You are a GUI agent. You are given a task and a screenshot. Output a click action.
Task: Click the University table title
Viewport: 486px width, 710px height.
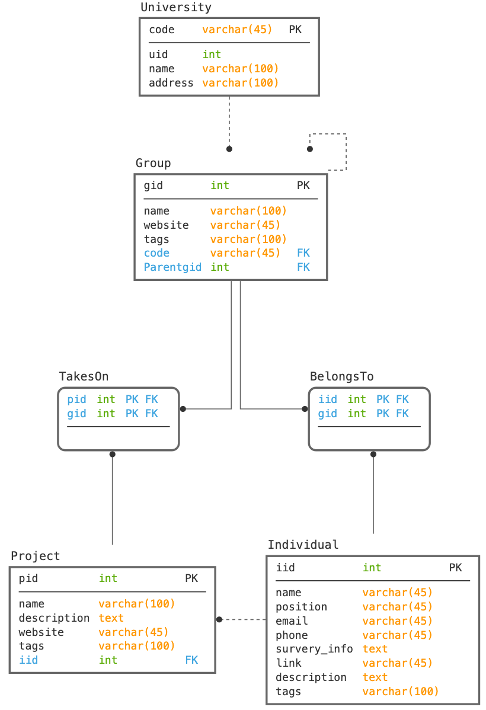176,8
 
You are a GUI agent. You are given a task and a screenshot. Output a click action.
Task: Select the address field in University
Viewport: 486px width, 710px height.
171,83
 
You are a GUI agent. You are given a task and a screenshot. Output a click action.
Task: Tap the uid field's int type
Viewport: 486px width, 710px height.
212,55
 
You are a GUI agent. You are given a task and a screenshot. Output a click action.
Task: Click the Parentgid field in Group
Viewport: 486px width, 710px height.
172,267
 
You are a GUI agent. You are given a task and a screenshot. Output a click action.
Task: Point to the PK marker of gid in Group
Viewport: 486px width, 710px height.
303,186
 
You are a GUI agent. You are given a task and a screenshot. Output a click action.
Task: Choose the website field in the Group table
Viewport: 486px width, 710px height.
166,225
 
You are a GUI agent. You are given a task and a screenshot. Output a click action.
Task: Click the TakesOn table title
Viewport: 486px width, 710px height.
84,376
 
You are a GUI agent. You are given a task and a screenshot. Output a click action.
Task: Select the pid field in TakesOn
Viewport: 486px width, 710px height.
76,399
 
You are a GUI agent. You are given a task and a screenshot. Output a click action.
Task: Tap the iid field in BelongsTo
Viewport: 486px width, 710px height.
327,399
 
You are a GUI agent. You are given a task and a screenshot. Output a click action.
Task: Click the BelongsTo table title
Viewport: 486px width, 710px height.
341,376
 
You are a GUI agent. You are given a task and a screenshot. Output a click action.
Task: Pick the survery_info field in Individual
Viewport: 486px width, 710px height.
314,649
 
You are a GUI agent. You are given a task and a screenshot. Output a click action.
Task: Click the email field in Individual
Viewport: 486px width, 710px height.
292,621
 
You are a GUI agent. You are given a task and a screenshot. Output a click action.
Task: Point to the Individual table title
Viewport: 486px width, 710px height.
303,545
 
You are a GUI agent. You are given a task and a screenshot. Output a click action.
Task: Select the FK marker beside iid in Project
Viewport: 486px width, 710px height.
191,660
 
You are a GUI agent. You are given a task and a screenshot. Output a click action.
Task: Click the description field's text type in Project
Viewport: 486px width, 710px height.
111,618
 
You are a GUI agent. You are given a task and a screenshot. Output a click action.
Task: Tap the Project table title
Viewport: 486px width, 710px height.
36,556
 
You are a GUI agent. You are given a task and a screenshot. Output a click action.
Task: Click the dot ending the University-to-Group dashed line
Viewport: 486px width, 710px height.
229,149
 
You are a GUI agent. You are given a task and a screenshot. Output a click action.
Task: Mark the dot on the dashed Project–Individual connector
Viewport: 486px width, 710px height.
219,619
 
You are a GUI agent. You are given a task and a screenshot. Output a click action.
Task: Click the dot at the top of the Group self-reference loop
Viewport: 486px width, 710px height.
309,149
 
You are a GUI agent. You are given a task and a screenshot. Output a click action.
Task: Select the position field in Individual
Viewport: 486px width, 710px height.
301,607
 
